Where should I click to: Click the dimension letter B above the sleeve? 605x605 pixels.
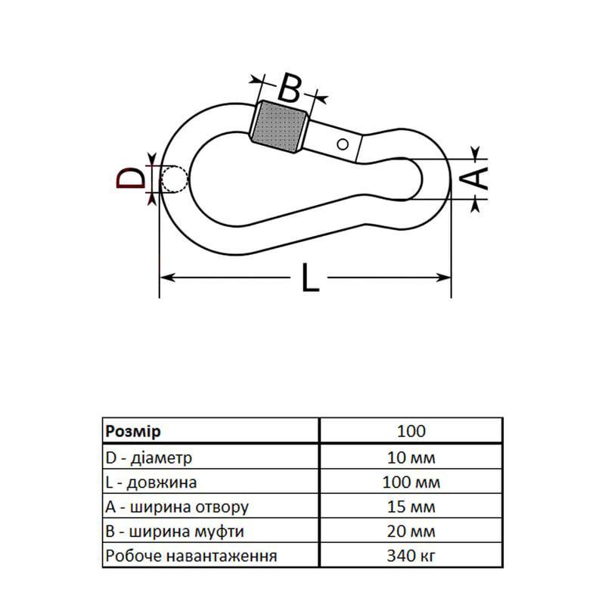tap(289, 88)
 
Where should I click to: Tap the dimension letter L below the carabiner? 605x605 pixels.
tap(310, 278)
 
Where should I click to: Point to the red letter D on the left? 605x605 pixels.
tap(131, 179)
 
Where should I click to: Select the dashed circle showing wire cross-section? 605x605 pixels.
tap(174, 179)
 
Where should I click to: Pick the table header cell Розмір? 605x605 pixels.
tap(132, 431)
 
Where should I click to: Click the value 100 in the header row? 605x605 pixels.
tap(411, 431)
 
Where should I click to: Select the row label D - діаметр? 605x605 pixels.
tap(149, 457)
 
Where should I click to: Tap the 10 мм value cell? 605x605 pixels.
tap(411, 457)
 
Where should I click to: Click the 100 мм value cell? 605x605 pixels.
tap(411, 482)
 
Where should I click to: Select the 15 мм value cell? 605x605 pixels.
tap(411, 507)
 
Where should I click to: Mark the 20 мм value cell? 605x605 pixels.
tap(411, 532)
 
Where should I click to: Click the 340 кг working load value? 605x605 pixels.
tap(411, 557)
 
